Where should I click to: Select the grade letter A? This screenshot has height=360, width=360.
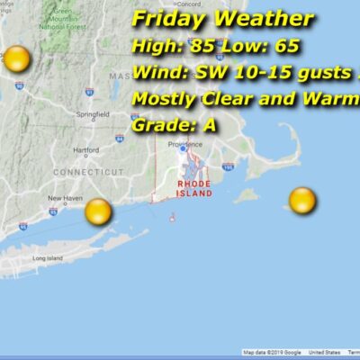pos(209,125)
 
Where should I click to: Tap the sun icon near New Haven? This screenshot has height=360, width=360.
pos(97,212)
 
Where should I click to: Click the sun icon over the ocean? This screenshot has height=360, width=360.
pos(302,201)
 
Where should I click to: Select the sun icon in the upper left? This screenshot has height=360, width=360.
pos(16,60)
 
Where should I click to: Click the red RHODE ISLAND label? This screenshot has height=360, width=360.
pos(194,188)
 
